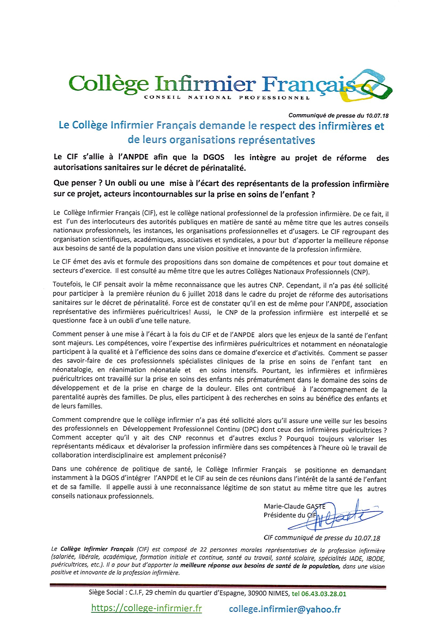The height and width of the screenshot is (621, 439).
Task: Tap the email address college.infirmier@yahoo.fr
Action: pyautogui.click(x=284, y=608)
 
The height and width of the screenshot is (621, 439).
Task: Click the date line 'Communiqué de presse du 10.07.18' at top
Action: pyautogui.click(x=338, y=116)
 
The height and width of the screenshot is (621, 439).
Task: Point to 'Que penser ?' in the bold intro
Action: pyautogui.click(x=69, y=184)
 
